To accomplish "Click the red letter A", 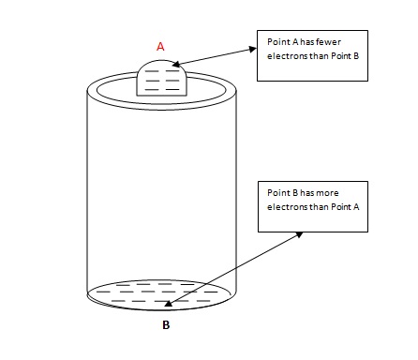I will pos(160,44).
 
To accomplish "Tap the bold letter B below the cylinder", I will pos(166,326).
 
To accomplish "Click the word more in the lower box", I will pos(328,192).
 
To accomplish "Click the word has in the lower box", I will pos(306,192).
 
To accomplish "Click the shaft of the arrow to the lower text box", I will pos(234,266).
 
